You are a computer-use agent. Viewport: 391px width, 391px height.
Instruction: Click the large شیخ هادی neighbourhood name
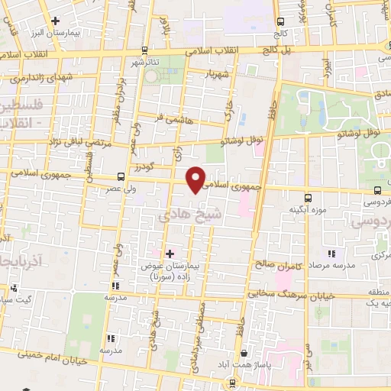[x=181, y=215]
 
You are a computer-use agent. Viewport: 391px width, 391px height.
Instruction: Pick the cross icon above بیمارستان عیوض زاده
[x=170, y=253]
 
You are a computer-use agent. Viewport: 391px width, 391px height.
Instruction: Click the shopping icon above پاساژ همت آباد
[x=244, y=354]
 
